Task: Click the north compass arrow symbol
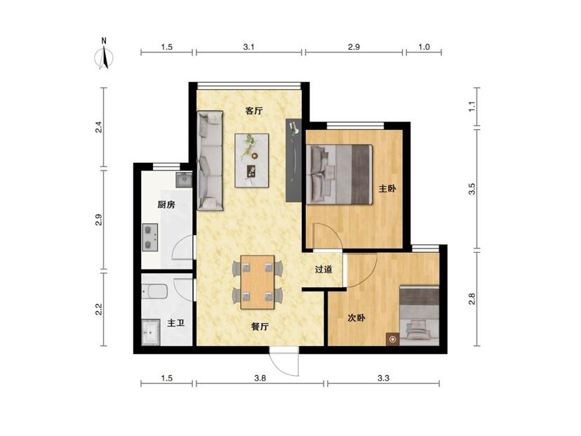pyautogui.click(x=105, y=55)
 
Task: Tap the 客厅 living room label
pyautogui.click(x=254, y=110)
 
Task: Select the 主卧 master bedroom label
pyautogui.click(x=387, y=189)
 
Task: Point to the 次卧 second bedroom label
pyautogui.click(x=356, y=318)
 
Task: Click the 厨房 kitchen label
pyautogui.click(x=166, y=204)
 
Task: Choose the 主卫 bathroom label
pyautogui.click(x=175, y=323)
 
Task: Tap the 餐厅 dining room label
pyautogui.click(x=260, y=326)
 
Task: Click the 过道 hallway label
pyautogui.click(x=323, y=270)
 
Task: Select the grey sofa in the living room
pyautogui.click(x=210, y=161)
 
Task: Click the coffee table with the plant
pyautogui.click(x=252, y=161)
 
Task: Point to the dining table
pyautogui.click(x=258, y=282)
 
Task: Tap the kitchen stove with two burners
pyautogui.click(x=150, y=237)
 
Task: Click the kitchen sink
pyautogui.click(x=184, y=180)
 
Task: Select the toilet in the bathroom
pyautogui.click(x=154, y=291)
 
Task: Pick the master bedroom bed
pyautogui.click(x=339, y=175)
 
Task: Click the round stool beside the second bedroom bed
pyautogui.click(x=393, y=339)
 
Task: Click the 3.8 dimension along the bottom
pyautogui.click(x=260, y=378)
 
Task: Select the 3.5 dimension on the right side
pyautogui.click(x=472, y=189)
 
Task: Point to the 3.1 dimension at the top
pyautogui.click(x=249, y=47)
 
